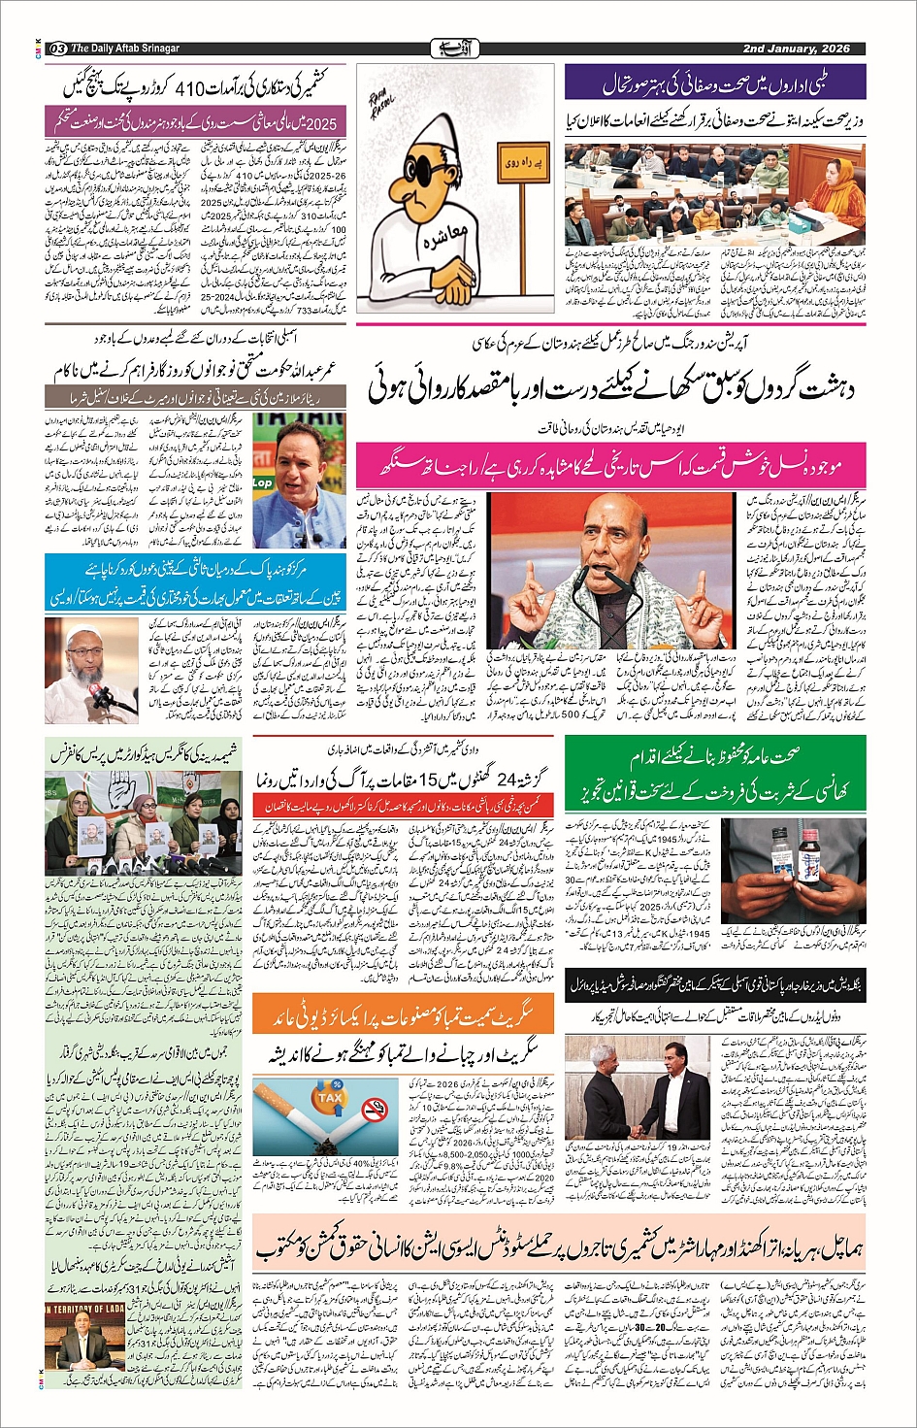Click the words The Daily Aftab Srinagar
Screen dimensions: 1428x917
coord(126,49)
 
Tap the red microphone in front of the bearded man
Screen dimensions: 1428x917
coord(97,695)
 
